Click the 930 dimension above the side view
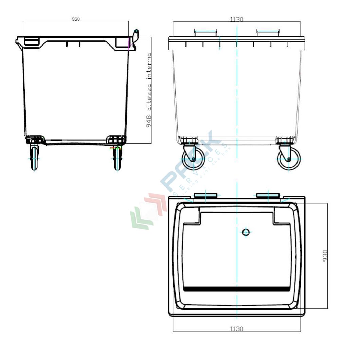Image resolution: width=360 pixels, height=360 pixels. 75,19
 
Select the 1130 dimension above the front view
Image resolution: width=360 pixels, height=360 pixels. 236,19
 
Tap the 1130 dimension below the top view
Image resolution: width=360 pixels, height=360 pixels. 236,329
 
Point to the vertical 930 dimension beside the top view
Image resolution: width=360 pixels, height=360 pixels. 325,256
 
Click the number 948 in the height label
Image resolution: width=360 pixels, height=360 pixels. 149,121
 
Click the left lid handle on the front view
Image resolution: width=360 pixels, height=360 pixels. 205,32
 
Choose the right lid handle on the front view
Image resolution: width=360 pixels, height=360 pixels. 268,32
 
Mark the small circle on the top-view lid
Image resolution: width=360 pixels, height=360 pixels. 246,232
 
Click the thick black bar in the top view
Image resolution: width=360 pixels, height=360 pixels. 237,289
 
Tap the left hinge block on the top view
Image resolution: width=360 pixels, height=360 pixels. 205,195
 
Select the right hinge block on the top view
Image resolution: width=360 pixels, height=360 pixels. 268,195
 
